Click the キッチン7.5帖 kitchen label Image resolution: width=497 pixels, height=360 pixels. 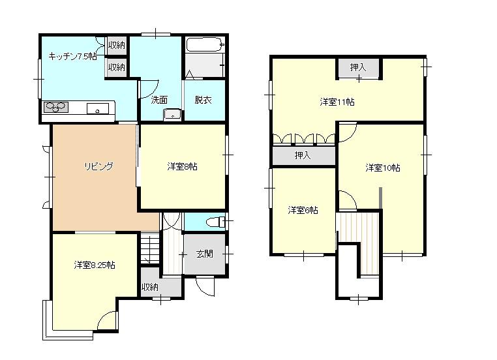[x=72, y=56]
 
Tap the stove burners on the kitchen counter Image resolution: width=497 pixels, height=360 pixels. [x=56, y=107]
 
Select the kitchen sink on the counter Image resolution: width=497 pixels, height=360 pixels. [x=98, y=109]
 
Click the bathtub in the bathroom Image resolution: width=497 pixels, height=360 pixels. [x=205, y=45]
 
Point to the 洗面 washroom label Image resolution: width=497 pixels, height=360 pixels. [x=159, y=100]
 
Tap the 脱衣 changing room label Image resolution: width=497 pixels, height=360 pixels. [x=203, y=100]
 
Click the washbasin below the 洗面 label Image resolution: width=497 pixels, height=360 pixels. [x=172, y=115]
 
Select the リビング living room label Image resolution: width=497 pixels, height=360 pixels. [x=98, y=166]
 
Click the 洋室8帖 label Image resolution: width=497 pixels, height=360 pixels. [x=182, y=166]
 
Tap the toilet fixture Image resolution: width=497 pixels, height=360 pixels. [x=215, y=222]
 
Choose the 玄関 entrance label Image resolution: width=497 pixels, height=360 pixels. [x=204, y=254]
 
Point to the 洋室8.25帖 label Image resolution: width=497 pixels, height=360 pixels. [x=95, y=265]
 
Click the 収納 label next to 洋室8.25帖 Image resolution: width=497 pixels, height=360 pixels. [x=149, y=287]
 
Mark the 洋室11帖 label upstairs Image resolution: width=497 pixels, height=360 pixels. [x=337, y=102]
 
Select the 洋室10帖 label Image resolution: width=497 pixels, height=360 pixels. [x=383, y=168]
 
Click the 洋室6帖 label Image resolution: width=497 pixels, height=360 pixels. [x=303, y=210]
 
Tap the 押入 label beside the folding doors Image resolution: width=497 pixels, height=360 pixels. [x=303, y=155]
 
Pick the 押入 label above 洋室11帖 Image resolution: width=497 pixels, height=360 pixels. [x=358, y=67]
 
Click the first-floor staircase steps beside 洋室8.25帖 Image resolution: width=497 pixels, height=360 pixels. [x=150, y=248]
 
